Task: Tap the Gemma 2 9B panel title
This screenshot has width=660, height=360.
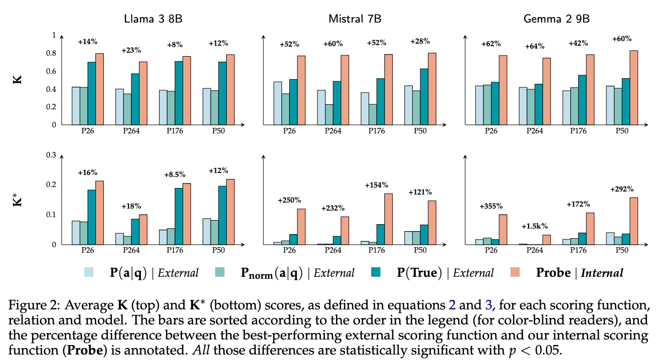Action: pyautogui.click(x=556, y=19)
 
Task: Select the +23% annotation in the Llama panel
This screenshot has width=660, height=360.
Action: pyautogui.click(x=131, y=50)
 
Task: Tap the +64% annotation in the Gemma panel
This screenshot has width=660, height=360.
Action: pyautogui.click(x=535, y=47)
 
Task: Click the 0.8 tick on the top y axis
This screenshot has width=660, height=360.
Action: pyautogui.click(x=52, y=53)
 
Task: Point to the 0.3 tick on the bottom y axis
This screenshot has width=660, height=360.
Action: pyautogui.click(x=52, y=155)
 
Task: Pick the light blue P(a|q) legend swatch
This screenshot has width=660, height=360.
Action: pyautogui.click(x=89, y=272)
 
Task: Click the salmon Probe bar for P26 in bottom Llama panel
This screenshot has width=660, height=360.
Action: pyautogui.click(x=100, y=213)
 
